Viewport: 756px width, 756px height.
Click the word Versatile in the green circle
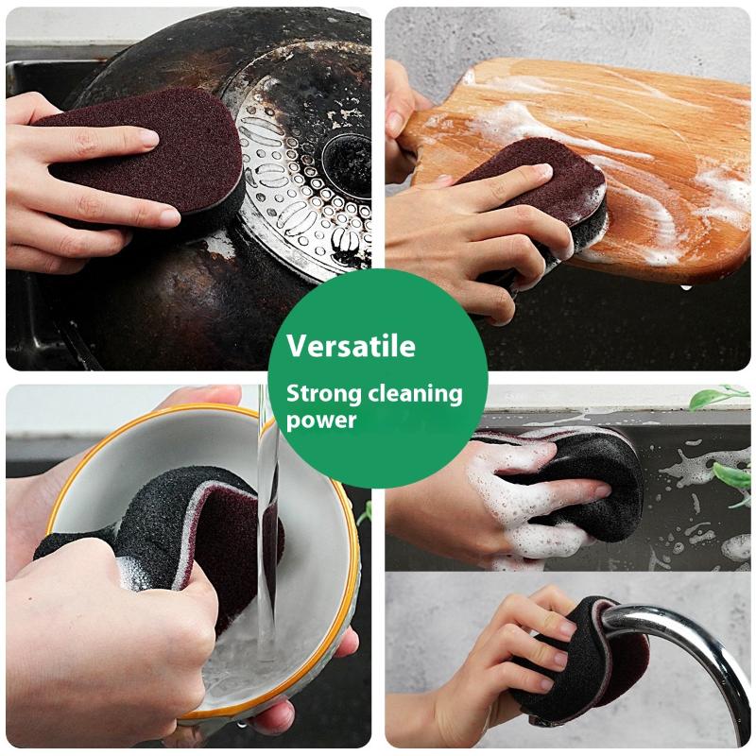tap(351, 346)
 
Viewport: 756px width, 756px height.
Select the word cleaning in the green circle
tap(415, 394)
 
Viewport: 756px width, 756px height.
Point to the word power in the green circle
tap(320, 420)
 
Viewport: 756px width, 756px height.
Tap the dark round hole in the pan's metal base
tap(347, 159)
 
